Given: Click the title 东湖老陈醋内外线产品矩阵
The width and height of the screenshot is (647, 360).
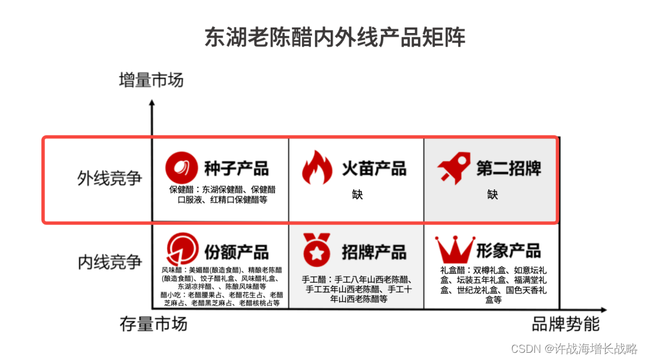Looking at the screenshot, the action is pyautogui.click(x=335, y=38).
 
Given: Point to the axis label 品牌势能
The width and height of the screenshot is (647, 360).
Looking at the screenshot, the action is pyautogui.click(x=566, y=324).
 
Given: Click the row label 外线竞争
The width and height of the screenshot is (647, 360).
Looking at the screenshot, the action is pyautogui.click(x=110, y=178).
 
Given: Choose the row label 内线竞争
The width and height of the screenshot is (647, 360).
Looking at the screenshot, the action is pyautogui.click(x=110, y=262).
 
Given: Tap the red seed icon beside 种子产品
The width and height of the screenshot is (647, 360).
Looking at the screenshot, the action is pyautogui.click(x=182, y=168).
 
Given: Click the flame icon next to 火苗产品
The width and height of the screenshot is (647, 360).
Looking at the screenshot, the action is pyautogui.click(x=317, y=167).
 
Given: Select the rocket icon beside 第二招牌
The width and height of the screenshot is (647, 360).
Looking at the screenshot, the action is pyautogui.click(x=453, y=168).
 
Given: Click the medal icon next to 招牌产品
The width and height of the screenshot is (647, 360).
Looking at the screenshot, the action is pyautogui.click(x=317, y=250).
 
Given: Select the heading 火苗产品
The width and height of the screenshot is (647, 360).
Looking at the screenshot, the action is pyautogui.click(x=374, y=168).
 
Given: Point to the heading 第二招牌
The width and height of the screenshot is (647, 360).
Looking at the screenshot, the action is pyautogui.click(x=509, y=168).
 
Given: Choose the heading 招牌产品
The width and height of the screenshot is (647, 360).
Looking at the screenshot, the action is pyautogui.click(x=374, y=252).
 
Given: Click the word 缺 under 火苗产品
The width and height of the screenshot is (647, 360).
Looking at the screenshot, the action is pyautogui.click(x=357, y=194).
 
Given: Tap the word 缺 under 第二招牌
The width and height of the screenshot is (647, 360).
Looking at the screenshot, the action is pyautogui.click(x=492, y=194).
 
